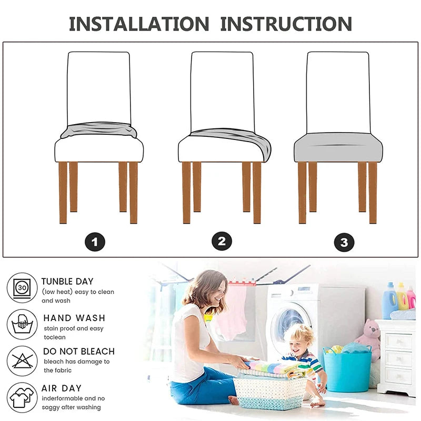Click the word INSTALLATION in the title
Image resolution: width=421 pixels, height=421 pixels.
(x=139, y=24)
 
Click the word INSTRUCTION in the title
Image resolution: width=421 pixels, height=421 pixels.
(x=286, y=24)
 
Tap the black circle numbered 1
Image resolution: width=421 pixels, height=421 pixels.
(x=95, y=242)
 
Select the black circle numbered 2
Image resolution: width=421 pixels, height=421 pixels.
(x=222, y=241)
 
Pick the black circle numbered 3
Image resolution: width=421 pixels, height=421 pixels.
(x=344, y=242)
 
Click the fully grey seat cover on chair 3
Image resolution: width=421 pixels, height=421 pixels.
(x=338, y=147)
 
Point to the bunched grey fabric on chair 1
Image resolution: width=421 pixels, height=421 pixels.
(x=99, y=130)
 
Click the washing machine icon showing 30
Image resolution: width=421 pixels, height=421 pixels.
(x=22, y=288)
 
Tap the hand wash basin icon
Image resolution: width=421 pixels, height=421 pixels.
(x=22, y=324)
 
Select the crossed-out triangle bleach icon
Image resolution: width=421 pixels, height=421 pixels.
(x=22, y=361)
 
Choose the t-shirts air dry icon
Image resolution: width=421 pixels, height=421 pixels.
(x=22, y=398)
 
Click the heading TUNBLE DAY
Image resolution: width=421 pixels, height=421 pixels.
(x=67, y=282)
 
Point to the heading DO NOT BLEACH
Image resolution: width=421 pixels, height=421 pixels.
(x=79, y=352)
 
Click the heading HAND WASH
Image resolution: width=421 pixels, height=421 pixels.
(x=74, y=318)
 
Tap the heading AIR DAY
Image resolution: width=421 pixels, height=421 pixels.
(x=62, y=388)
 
